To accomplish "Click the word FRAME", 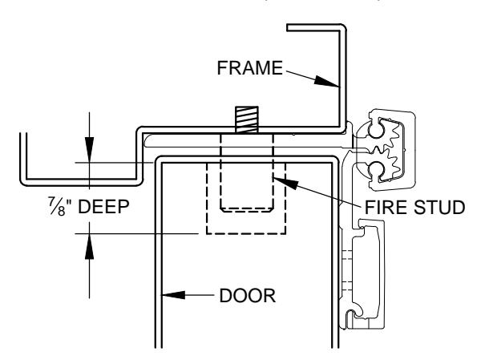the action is coord(250,67).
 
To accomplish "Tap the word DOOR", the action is coord(248,295).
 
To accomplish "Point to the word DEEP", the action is coord(103,206).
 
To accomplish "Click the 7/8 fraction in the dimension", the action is coord(57,206).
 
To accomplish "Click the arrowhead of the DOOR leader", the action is coord(173,295).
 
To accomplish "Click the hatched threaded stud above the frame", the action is coord(247,119).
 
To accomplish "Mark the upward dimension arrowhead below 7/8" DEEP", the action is coord(90,246).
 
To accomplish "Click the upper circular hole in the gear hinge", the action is coord(376,130).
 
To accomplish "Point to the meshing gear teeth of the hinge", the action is coord(392,150).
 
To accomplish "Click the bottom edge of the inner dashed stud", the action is coord(247,211).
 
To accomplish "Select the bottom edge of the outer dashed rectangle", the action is coord(246,233).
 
